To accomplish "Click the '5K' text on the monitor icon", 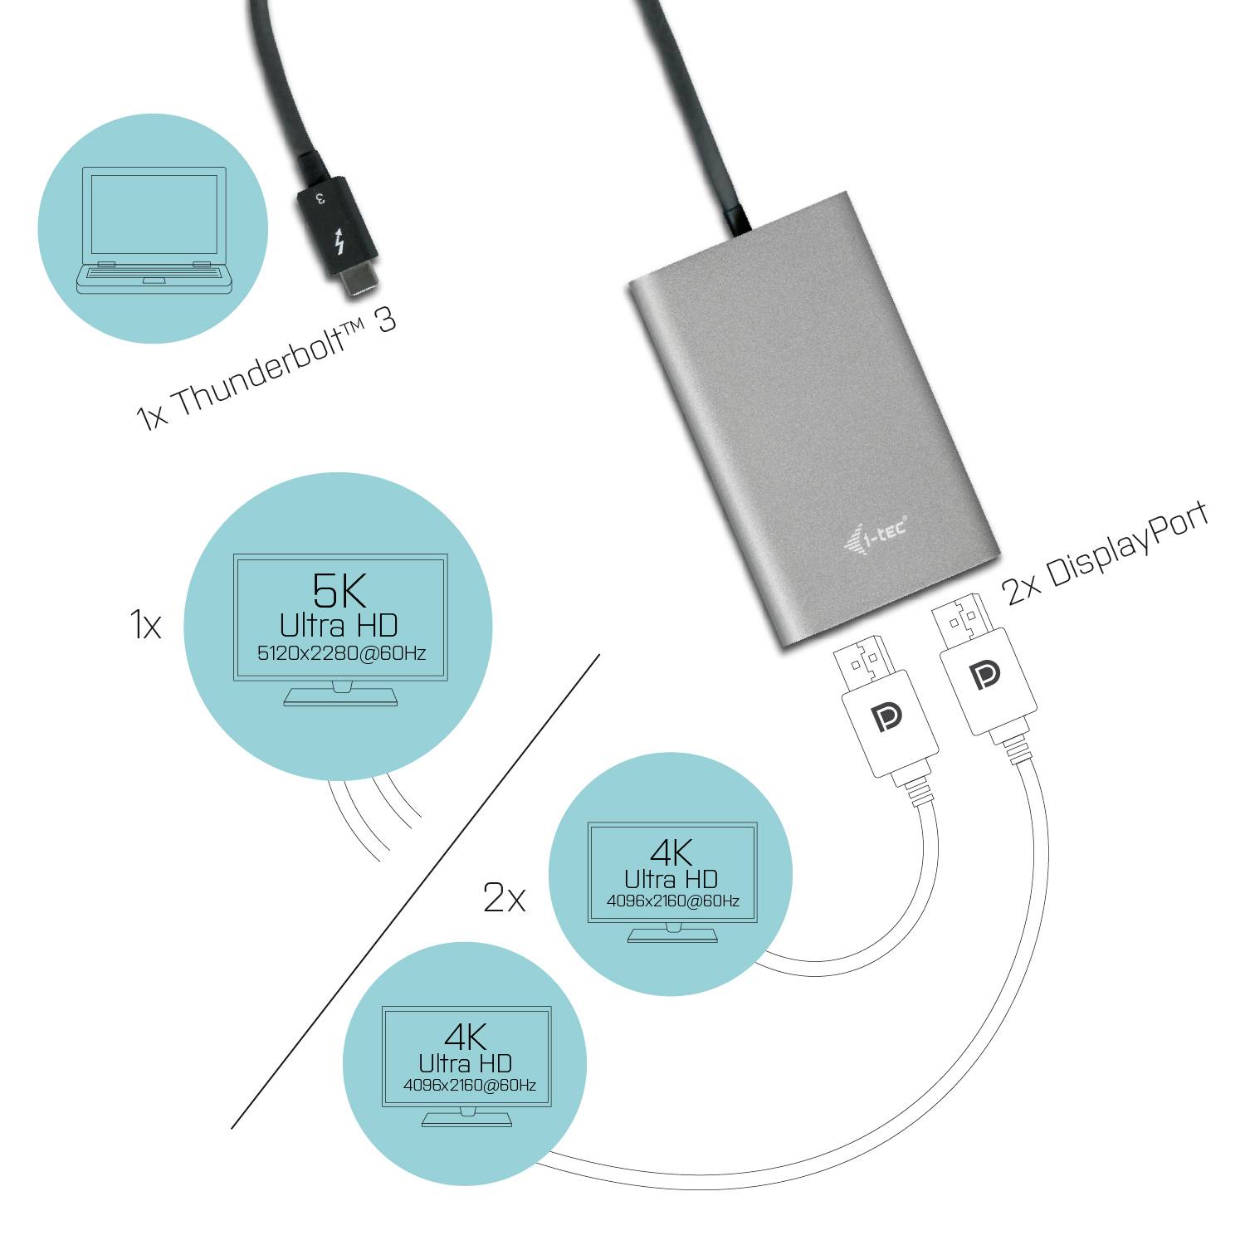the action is [x=339, y=590].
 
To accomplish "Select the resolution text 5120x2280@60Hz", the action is [x=341, y=653].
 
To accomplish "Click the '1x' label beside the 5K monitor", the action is [x=146, y=625].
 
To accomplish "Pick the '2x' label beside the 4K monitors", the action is [x=504, y=897].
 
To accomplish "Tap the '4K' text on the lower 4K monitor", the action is [x=466, y=1037].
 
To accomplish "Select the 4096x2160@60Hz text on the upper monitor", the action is [x=672, y=901].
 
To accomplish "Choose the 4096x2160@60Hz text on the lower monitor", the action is [x=469, y=1085].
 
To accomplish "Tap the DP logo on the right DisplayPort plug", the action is [x=985, y=676].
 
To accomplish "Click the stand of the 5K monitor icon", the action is [x=340, y=694].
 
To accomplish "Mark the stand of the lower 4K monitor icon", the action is [x=466, y=1118].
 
